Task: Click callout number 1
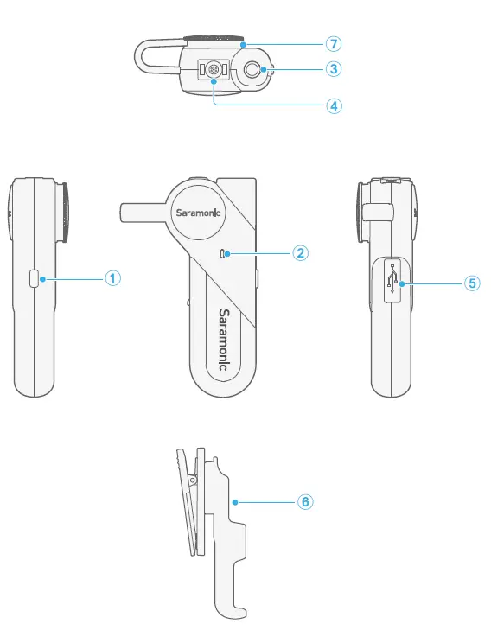(112, 278)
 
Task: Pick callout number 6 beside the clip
(305, 500)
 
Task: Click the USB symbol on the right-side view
(394, 281)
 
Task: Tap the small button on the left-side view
(34, 278)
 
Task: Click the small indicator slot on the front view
(224, 253)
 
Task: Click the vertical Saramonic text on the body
(223, 340)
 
